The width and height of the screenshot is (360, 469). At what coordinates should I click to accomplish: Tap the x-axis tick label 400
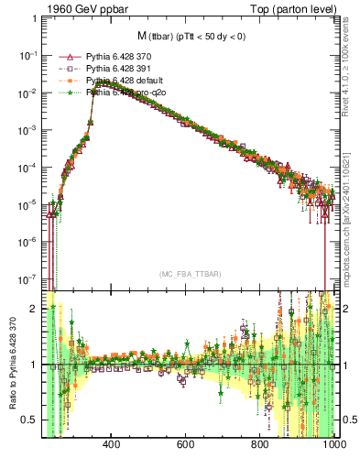pos(113,445)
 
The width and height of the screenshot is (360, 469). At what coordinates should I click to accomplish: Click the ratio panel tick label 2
pos(35,309)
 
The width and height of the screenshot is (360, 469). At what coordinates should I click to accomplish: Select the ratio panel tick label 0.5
pos(30,420)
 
